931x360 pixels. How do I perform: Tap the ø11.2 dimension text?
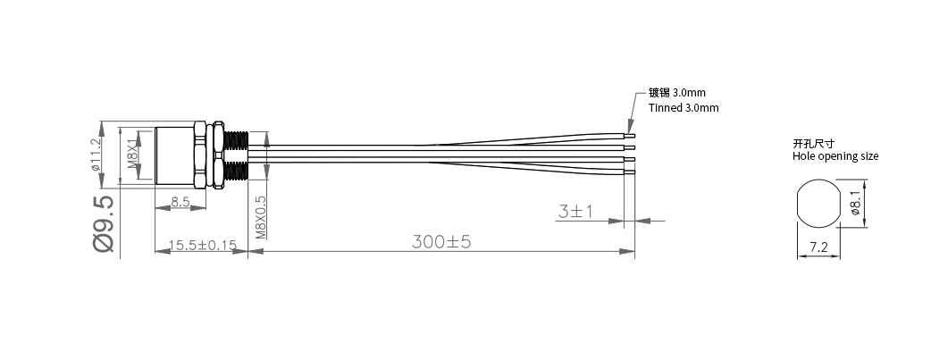tap(96, 155)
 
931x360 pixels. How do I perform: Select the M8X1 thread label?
tap(131, 155)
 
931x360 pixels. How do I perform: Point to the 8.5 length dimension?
tap(179, 204)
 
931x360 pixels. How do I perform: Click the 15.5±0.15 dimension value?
tap(201, 244)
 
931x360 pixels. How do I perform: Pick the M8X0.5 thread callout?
tap(261, 218)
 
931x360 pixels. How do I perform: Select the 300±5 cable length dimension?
tap(441, 241)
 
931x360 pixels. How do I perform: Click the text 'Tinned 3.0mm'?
tap(683, 107)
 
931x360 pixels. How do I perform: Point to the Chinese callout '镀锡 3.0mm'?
tap(677, 92)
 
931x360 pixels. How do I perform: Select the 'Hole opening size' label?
tap(835, 156)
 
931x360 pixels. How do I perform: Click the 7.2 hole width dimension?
tap(818, 246)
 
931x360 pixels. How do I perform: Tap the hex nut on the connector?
tap(214, 155)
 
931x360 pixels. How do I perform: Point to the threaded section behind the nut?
tap(237, 155)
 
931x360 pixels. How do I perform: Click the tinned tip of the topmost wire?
tap(631, 137)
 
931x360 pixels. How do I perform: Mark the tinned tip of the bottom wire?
tap(631, 171)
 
